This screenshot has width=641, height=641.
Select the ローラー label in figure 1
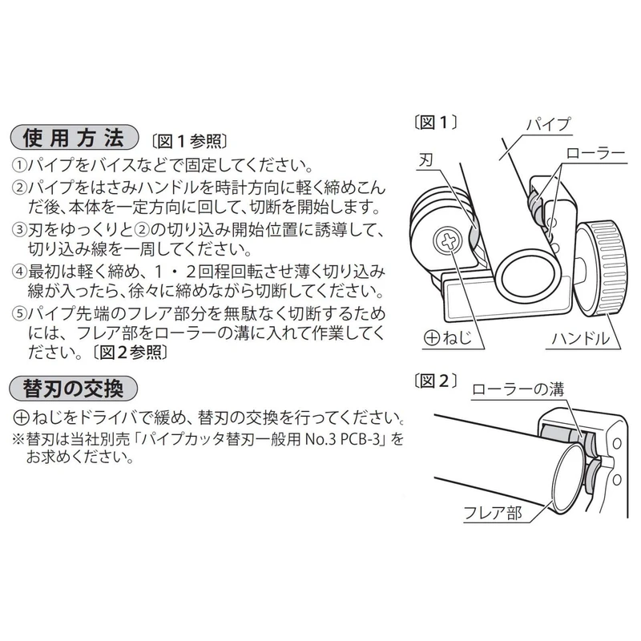tap(595, 152)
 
